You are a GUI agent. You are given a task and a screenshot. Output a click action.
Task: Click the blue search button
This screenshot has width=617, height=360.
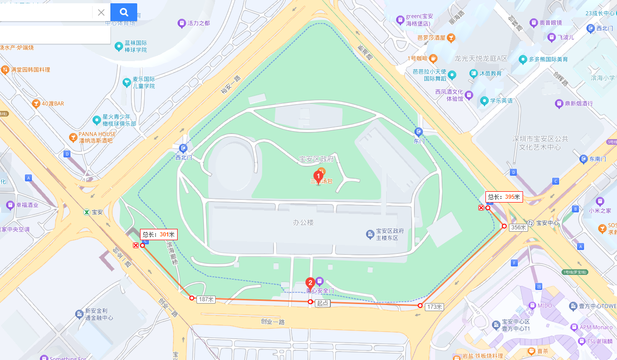124,12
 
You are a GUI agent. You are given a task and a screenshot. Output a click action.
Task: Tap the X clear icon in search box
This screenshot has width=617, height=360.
101,12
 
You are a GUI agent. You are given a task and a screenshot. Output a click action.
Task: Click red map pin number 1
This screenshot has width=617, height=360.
318,177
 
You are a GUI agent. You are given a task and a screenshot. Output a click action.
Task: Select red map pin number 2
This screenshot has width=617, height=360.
310,283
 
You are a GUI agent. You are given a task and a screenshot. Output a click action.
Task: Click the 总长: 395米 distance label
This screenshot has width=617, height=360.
504,197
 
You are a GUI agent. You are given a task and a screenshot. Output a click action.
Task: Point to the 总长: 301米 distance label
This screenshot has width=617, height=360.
158,234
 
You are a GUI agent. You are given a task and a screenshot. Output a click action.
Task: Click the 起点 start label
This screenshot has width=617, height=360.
322,304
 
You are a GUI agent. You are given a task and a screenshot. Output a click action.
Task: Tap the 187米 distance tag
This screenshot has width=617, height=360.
206,299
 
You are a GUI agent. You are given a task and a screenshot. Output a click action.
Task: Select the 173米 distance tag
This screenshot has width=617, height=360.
434,307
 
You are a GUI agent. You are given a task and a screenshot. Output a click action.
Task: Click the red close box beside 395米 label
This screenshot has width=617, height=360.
481,208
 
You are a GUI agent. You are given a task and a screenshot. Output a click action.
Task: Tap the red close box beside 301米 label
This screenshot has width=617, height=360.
136,245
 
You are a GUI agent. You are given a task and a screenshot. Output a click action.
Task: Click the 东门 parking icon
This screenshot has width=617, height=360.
419,132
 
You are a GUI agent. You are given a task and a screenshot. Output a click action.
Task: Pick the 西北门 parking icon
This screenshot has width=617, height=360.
183,148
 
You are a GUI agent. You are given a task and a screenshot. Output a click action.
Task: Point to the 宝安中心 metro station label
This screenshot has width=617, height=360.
547,223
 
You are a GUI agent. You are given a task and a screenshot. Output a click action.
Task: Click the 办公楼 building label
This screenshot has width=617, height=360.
303,222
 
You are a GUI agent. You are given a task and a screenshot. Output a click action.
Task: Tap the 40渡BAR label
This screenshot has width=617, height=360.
52,103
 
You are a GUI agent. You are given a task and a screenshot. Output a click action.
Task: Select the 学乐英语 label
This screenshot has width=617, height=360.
500,101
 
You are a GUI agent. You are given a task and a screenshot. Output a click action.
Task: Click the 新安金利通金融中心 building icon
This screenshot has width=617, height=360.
79,314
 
